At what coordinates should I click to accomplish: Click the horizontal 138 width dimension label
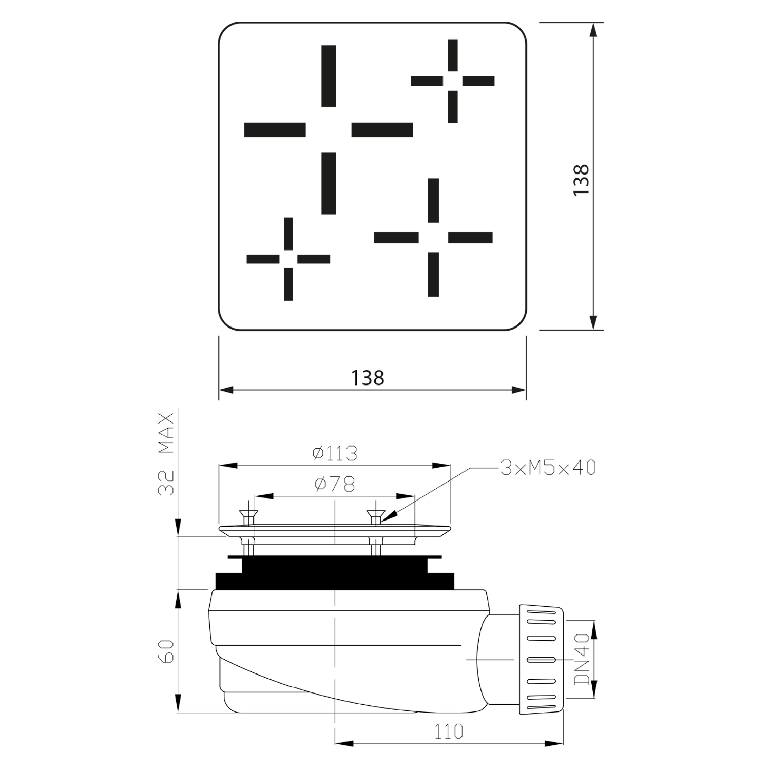(368, 378)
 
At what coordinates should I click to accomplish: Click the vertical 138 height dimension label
(581, 180)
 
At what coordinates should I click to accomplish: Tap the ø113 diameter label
(335, 453)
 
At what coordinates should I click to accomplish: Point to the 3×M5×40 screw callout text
(548, 468)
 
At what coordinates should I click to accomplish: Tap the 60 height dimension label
(167, 651)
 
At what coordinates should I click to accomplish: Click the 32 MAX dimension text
(167, 454)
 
